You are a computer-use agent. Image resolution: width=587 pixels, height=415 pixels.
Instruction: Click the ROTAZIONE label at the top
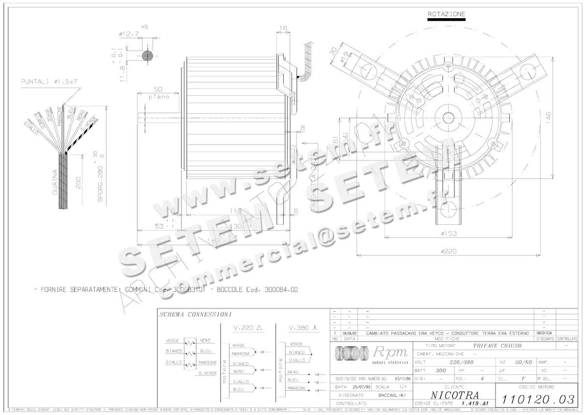(446, 14)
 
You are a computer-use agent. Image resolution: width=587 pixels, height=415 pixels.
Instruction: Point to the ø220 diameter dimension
(448, 251)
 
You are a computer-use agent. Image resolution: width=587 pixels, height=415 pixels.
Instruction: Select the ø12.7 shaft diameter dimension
(128, 34)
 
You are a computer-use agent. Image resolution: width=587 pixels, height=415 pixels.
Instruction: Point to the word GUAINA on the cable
(55, 182)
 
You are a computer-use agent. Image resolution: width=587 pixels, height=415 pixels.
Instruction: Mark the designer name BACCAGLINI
(390, 394)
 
